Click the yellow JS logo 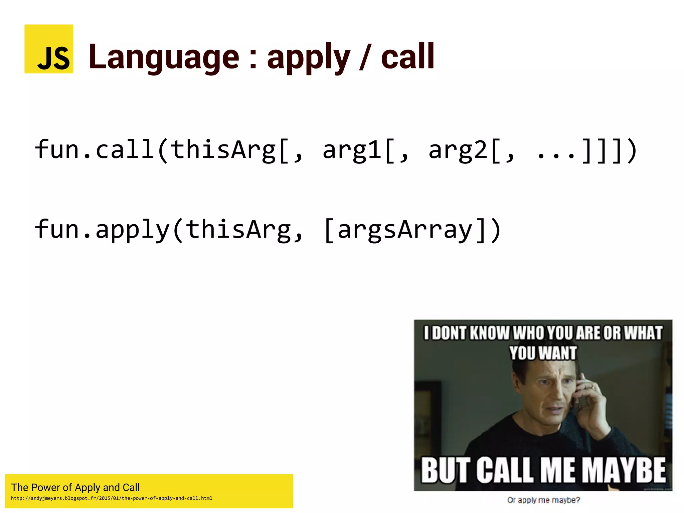point(49,49)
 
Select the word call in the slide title point(407,57)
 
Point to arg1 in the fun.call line point(352,150)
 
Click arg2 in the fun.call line point(458,150)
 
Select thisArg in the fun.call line point(223,150)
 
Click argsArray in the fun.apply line point(405,230)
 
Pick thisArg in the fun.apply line point(238,230)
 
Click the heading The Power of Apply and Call point(75,487)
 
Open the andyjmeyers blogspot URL point(112,498)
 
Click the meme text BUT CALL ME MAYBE point(543,470)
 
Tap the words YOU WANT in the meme point(543,353)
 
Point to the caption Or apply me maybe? point(543,500)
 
